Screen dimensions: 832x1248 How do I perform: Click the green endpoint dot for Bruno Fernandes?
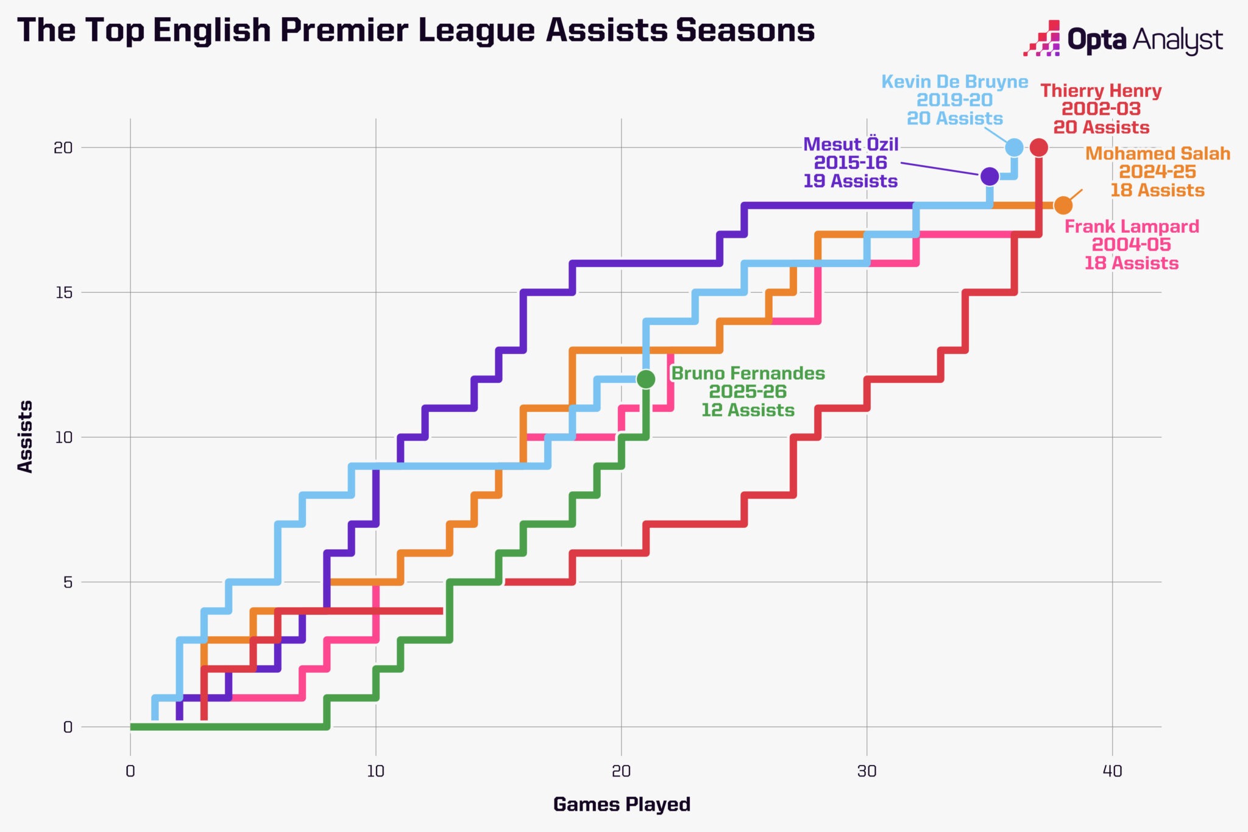[646, 379]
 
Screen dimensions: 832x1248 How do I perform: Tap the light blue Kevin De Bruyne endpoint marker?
[1014, 148]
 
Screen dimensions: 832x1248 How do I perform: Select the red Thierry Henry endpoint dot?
[1039, 148]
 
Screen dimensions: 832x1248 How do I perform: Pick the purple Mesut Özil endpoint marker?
[990, 176]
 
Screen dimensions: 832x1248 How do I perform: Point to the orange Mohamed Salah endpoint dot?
[1063, 205]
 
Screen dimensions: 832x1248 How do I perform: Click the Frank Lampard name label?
[1132, 227]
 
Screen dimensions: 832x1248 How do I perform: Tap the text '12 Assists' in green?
[748, 410]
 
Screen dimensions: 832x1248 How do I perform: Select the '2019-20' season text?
[954, 100]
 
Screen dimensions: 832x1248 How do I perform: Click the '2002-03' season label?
[1101, 109]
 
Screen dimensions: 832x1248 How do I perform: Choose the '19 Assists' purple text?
[850, 181]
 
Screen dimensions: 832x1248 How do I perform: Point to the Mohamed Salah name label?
[1158, 154]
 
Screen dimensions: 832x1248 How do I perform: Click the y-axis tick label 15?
[63, 293]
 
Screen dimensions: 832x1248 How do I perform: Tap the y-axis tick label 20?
[63, 148]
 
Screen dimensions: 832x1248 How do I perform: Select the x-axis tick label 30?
[867, 771]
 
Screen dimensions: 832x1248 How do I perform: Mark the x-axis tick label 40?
[1112, 771]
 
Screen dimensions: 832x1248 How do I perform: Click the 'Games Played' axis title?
[622, 805]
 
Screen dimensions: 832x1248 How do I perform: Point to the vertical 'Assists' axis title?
[25, 436]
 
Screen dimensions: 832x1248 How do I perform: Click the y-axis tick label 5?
[67, 582]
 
